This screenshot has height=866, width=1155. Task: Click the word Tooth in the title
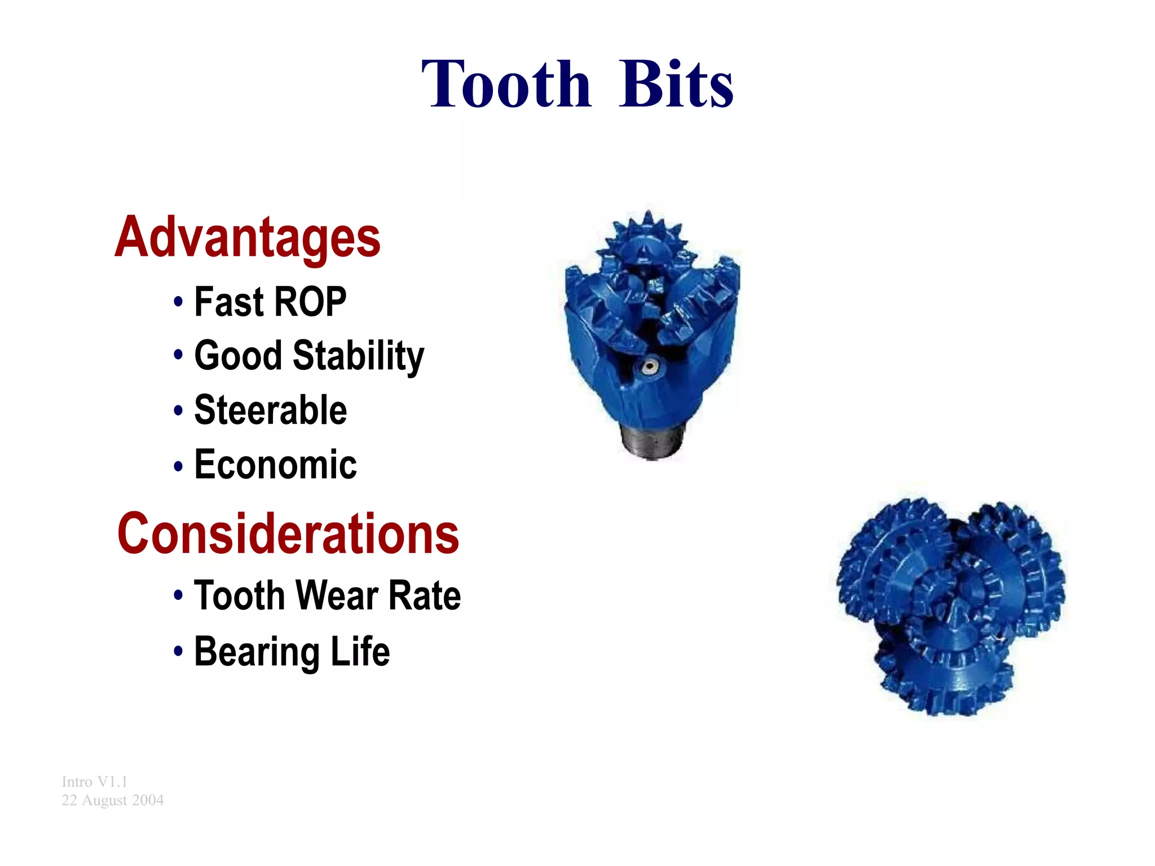click(506, 85)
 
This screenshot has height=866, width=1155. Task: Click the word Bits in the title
click(676, 85)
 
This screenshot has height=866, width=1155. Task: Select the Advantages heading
click(248, 237)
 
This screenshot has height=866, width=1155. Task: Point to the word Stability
click(358, 356)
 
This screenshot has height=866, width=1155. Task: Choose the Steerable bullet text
click(270, 410)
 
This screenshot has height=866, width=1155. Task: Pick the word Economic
click(275, 465)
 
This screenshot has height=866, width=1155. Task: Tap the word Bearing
click(257, 652)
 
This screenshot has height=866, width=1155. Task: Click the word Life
click(360, 651)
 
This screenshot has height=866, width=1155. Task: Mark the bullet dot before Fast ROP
click(178, 302)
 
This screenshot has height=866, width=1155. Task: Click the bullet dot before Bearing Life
click(178, 652)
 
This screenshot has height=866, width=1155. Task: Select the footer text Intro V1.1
click(94, 781)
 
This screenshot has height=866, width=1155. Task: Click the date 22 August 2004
click(112, 800)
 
